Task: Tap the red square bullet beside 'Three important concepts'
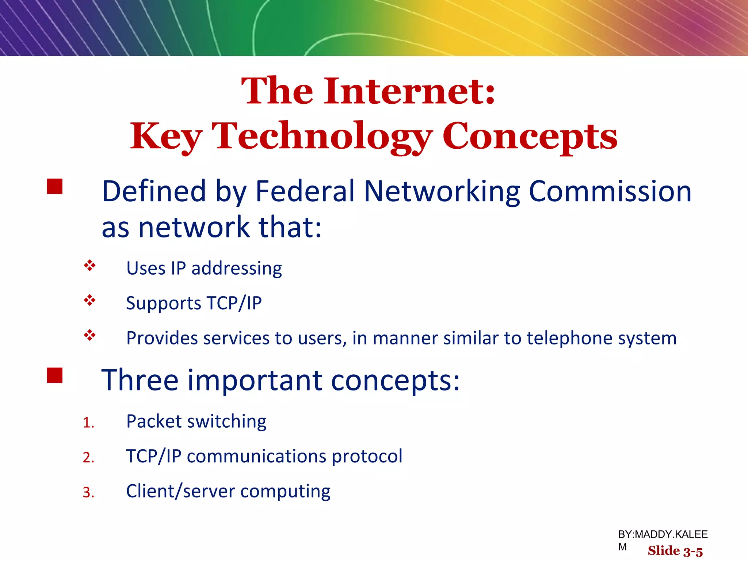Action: click(55, 375)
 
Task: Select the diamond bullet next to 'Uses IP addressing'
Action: click(89, 266)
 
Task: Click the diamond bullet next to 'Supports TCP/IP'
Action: click(89, 300)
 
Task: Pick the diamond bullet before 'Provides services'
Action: click(89, 335)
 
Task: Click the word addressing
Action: click(237, 268)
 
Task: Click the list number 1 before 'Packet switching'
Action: click(88, 423)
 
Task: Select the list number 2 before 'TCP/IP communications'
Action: click(88, 458)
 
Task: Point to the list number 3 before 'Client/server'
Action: click(88, 493)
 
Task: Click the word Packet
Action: click(154, 421)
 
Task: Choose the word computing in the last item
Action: click(285, 492)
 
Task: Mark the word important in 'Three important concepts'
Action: click(255, 381)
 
